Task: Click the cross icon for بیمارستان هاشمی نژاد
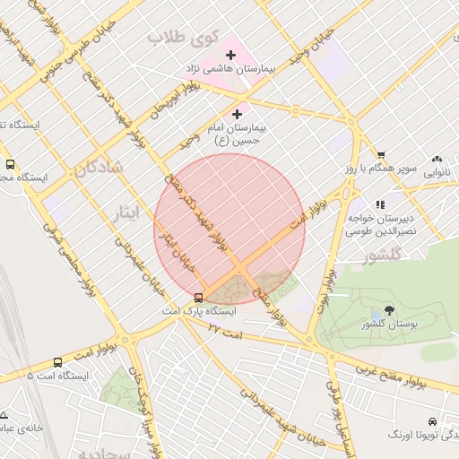(x=231, y=56)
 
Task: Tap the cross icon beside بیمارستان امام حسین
(x=237, y=114)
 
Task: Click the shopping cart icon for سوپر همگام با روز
(x=381, y=155)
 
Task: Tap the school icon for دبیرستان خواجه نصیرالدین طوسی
(x=380, y=204)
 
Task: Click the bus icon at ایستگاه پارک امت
(x=198, y=298)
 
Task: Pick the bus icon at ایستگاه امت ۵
(x=58, y=362)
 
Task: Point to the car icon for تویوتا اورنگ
(x=433, y=421)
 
